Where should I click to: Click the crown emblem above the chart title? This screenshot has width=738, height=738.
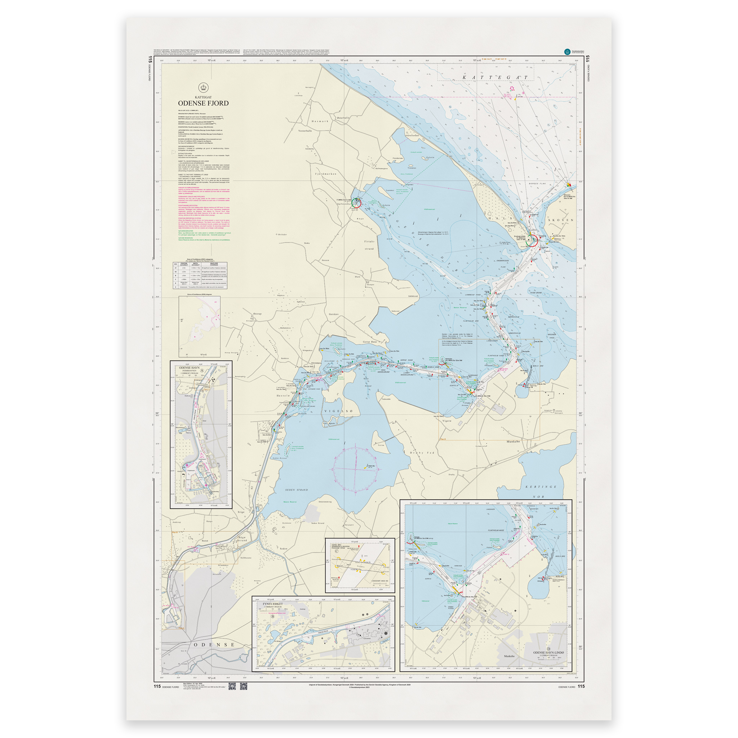(203, 88)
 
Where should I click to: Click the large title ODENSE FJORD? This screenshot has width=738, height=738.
(203, 103)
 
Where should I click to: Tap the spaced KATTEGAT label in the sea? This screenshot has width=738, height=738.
(495, 77)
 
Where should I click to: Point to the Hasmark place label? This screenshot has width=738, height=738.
(320, 121)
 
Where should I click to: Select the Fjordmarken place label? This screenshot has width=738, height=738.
(326, 174)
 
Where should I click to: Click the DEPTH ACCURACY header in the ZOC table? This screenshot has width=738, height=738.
(196, 264)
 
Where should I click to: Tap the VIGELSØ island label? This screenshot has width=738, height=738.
(338, 411)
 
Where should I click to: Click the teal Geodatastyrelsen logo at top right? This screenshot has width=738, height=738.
(567, 52)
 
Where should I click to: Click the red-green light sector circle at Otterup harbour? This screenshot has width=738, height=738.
(356, 202)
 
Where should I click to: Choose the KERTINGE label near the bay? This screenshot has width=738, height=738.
(541, 486)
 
